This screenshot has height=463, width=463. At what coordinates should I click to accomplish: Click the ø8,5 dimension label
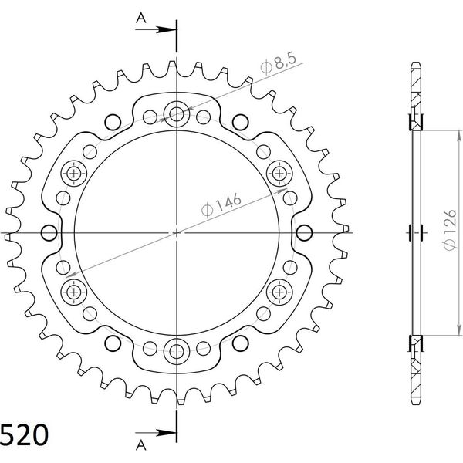pos(278,63)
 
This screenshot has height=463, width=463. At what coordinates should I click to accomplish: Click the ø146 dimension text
pos(221,204)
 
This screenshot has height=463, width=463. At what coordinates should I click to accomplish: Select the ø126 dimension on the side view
pos(450,230)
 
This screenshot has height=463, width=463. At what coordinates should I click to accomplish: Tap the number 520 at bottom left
pos(24,435)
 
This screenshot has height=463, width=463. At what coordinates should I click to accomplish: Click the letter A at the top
pos(141,19)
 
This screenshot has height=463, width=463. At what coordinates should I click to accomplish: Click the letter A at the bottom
pos(141,444)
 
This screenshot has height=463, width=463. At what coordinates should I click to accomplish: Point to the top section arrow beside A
pos(156,29)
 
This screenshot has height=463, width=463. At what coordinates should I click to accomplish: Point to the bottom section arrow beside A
pos(156,433)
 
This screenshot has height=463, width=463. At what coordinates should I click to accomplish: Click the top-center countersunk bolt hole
pos(177,114)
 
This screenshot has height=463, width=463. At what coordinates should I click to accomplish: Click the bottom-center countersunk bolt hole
pos(177,351)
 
